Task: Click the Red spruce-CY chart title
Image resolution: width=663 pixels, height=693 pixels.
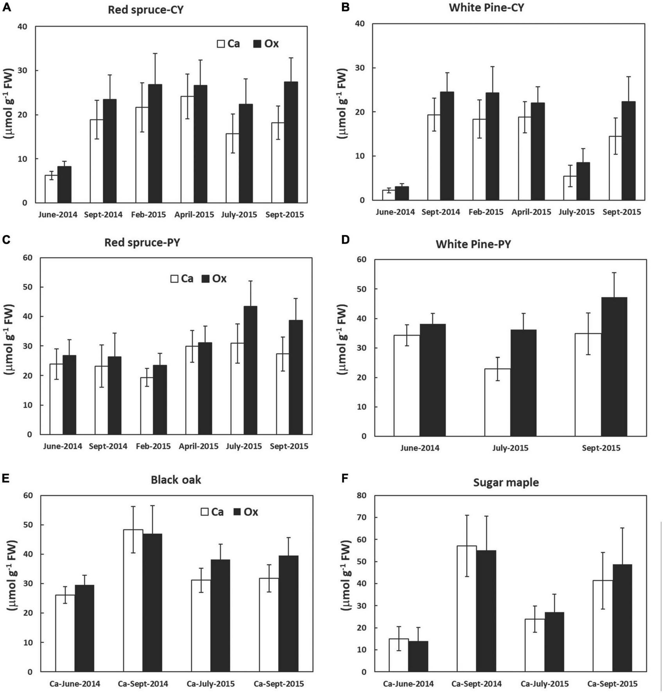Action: click(145, 10)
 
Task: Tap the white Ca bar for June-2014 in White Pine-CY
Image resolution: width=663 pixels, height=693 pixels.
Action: click(388, 195)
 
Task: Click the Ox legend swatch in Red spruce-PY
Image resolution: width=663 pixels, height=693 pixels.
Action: click(206, 279)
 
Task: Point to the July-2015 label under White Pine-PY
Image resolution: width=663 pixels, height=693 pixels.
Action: click(510, 448)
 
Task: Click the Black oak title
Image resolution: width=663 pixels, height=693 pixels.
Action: click(176, 480)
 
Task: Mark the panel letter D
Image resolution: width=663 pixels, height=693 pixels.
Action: click(345, 239)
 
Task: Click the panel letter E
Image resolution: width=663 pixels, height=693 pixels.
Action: click(6, 479)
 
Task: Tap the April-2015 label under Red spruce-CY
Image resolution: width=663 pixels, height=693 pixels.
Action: click(194, 215)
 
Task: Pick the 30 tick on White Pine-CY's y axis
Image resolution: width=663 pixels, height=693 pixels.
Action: click(360, 68)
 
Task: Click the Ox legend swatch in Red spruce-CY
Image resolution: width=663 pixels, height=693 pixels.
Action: click(257, 44)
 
